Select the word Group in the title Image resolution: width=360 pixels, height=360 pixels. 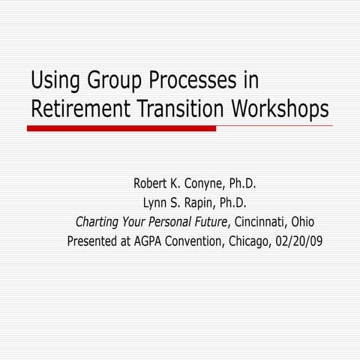[x=118, y=81]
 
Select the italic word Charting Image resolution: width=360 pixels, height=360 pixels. [x=100, y=222]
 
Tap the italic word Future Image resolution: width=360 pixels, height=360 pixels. [x=212, y=222]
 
